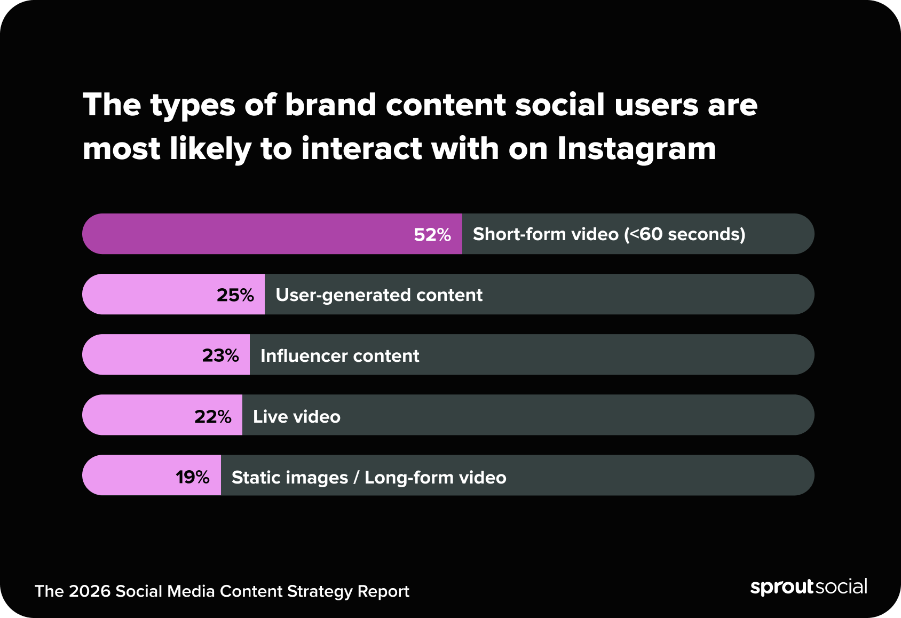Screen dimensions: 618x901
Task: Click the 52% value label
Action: click(432, 235)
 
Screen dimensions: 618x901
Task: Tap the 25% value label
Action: click(235, 295)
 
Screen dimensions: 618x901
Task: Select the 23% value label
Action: click(220, 355)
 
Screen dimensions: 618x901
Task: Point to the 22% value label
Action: click(212, 416)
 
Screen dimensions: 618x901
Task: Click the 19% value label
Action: click(192, 477)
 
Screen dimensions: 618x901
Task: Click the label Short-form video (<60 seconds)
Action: click(608, 234)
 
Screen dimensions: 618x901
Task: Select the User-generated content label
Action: click(378, 295)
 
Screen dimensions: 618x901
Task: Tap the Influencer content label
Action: click(339, 356)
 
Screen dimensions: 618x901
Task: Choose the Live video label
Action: click(296, 417)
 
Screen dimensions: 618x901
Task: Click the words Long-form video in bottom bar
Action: click(435, 478)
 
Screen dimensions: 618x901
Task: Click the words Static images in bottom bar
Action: click(289, 478)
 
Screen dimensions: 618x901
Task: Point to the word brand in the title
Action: click(330, 105)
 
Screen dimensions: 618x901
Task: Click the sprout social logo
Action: click(808, 587)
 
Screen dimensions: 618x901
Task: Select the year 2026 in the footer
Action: click(90, 591)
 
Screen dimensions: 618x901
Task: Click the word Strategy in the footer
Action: click(320, 591)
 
